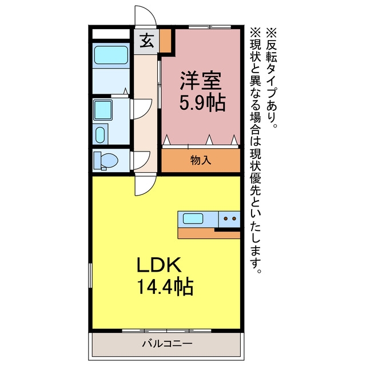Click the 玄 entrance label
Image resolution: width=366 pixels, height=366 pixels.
pyautogui.click(x=146, y=41)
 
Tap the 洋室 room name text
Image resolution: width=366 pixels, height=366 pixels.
pyautogui.click(x=201, y=81)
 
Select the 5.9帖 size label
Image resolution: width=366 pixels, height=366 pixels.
pyautogui.click(x=202, y=103)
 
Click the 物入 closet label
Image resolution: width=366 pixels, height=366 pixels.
pyautogui.click(x=201, y=160)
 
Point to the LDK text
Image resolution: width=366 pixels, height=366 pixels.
pyautogui.click(x=159, y=265)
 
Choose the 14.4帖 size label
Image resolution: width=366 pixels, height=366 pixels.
pyautogui.click(x=165, y=287)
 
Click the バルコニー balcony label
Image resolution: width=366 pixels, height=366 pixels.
pyautogui.click(x=167, y=344)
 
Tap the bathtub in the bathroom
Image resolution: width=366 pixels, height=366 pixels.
pyautogui.click(x=111, y=55)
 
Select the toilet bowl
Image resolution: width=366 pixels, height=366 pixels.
pyautogui.click(x=106, y=160)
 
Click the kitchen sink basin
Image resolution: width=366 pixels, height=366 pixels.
pyautogui.click(x=193, y=218)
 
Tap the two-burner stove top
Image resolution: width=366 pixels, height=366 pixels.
pyautogui.click(x=229, y=219)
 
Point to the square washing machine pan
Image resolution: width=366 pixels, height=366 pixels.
pyautogui.click(x=103, y=110)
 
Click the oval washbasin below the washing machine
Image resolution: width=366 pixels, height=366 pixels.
pyautogui.click(x=101, y=135)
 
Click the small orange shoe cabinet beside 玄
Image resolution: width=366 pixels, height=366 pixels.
pyautogui.click(x=165, y=41)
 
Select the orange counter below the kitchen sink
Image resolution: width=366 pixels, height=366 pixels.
pyautogui.click(x=209, y=233)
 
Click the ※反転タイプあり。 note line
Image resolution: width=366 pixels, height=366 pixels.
pyautogui.click(x=272, y=78)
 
